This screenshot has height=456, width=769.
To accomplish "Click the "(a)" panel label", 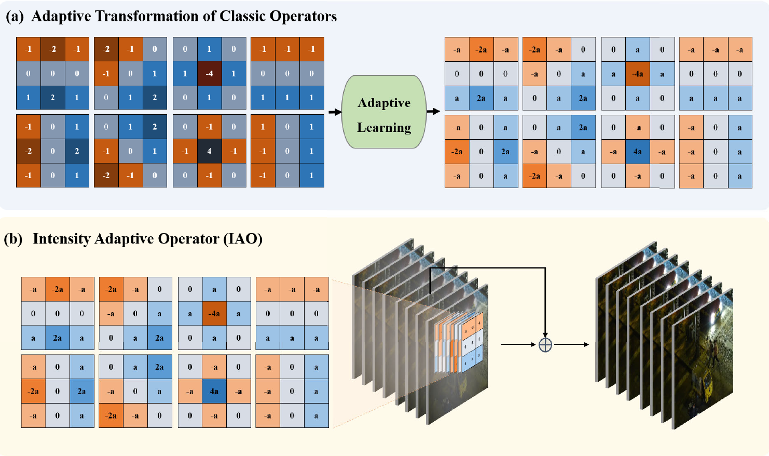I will coord(15,17).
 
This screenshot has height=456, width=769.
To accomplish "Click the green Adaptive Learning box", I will coord(384,112).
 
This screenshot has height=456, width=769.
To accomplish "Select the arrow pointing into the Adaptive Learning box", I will coord(335,112).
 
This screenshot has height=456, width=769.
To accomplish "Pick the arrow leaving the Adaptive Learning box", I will coord(433,111).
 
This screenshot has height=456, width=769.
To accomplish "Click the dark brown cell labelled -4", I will coord(209,74).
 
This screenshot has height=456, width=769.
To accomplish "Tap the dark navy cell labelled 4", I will coord(209,151).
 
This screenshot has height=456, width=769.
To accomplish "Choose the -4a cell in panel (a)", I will coord(638,74).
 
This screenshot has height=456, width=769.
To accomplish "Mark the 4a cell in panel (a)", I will coord(638,152).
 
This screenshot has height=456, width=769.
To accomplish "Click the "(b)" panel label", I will coord(13,239).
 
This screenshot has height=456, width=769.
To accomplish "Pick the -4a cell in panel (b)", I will coord(214,314).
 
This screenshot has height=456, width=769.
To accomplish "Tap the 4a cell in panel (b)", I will coord(214,392).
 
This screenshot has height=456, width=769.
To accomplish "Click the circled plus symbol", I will coord(545,344).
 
